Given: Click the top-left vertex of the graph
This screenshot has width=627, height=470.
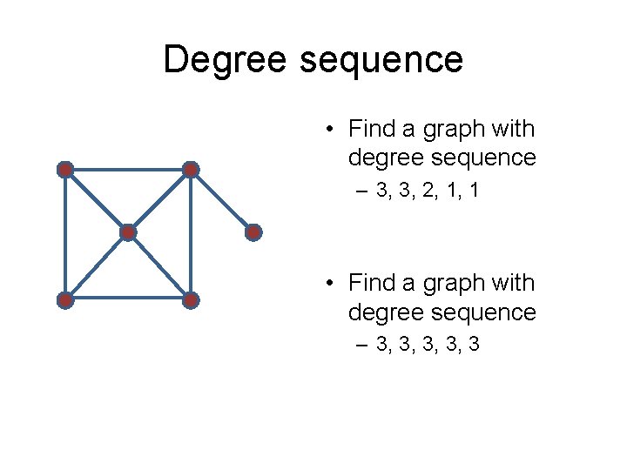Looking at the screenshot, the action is (x=64, y=170).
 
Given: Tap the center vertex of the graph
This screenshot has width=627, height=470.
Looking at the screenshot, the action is (x=128, y=232).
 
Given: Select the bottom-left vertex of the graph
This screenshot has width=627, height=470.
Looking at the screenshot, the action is (x=64, y=300).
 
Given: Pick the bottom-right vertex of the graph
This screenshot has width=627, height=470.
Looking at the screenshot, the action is (x=192, y=300).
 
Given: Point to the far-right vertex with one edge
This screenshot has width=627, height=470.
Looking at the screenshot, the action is (x=253, y=232).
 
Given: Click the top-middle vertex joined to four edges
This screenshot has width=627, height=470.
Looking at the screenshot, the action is (x=192, y=170).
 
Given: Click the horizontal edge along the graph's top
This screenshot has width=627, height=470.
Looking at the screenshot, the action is (x=128, y=170).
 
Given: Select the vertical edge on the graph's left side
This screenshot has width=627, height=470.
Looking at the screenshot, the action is (x=64, y=235).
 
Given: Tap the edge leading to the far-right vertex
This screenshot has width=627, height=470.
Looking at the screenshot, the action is (x=223, y=201).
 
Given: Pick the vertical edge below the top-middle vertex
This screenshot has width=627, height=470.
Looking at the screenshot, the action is (x=192, y=235).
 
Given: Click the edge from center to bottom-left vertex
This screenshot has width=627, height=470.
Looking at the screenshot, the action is (x=96, y=266).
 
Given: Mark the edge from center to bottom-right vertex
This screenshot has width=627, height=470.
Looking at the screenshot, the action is (x=160, y=266).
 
